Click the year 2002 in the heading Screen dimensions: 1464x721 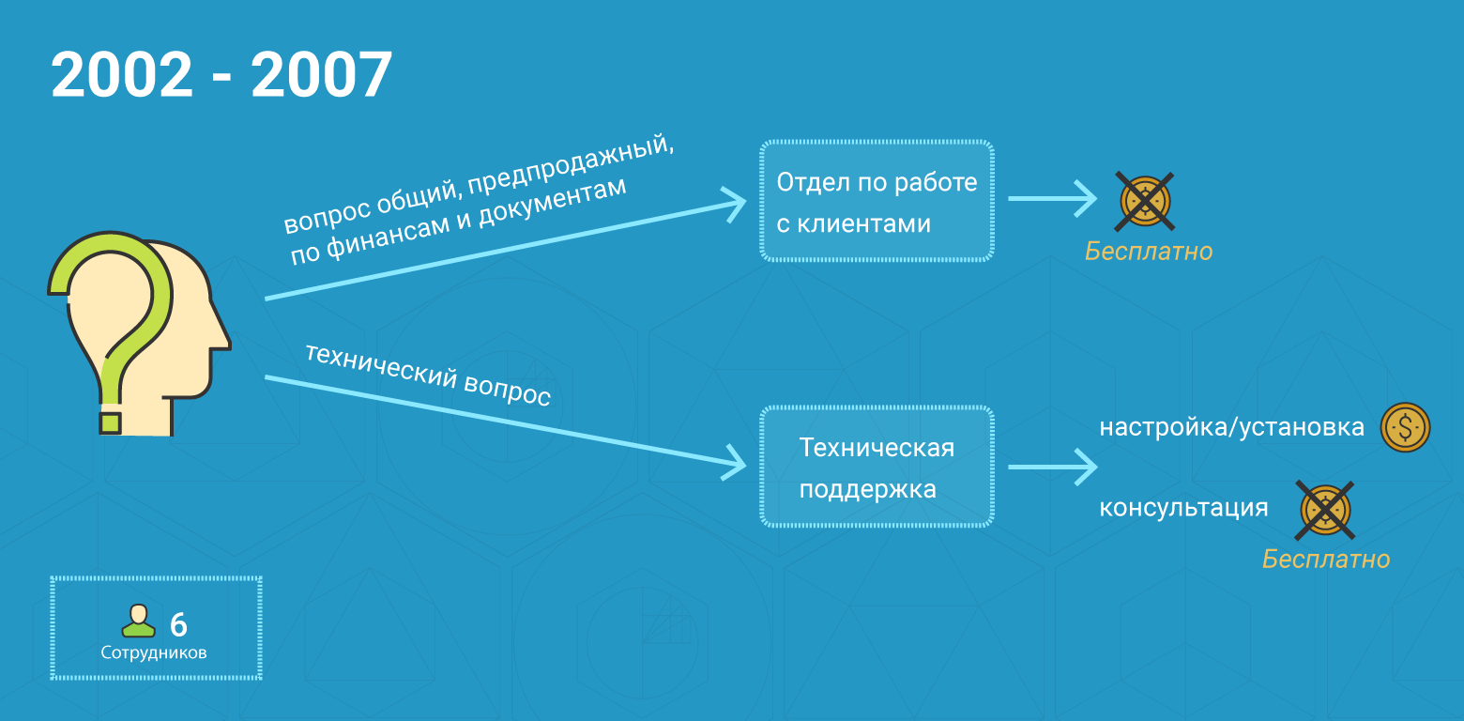(x=121, y=75)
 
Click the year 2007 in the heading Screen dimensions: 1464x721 (x=321, y=75)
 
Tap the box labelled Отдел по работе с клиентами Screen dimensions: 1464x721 (x=876, y=201)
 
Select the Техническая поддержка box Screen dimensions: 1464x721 (x=876, y=467)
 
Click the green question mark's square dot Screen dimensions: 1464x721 (x=111, y=422)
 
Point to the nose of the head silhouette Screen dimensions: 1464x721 (x=223, y=340)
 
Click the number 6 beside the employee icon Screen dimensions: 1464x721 (x=178, y=624)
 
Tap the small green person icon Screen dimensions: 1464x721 (x=139, y=621)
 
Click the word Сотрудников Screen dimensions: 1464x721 (x=154, y=652)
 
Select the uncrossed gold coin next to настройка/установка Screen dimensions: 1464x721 (x=1405, y=427)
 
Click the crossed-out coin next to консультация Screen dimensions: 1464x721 (x=1324, y=511)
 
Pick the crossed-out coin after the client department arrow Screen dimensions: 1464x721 (x=1145, y=201)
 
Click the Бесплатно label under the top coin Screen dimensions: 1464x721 (x=1149, y=252)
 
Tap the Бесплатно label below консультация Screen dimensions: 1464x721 (x=1325, y=560)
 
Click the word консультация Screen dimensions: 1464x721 (x=1183, y=508)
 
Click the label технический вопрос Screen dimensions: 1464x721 (x=428, y=374)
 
